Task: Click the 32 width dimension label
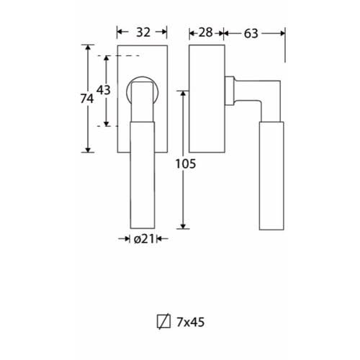point(143,32)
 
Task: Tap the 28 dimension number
point(205,32)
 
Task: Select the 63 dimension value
point(251,34)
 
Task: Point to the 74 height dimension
point(86,99)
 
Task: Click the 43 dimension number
point(104,90)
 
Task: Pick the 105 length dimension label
point(186,164)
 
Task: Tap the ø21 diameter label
point(144,239)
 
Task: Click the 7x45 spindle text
point(191,322)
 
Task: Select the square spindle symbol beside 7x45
point(163,321)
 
